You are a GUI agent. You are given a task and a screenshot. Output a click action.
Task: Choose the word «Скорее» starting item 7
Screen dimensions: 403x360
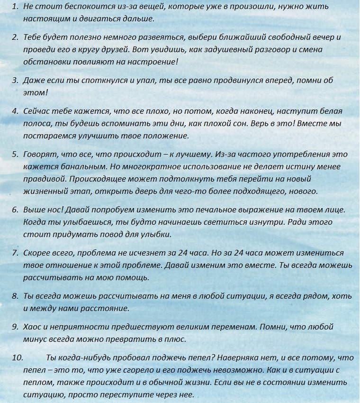(37, 253)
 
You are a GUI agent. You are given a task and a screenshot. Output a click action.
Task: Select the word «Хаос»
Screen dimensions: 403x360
(33, 327)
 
